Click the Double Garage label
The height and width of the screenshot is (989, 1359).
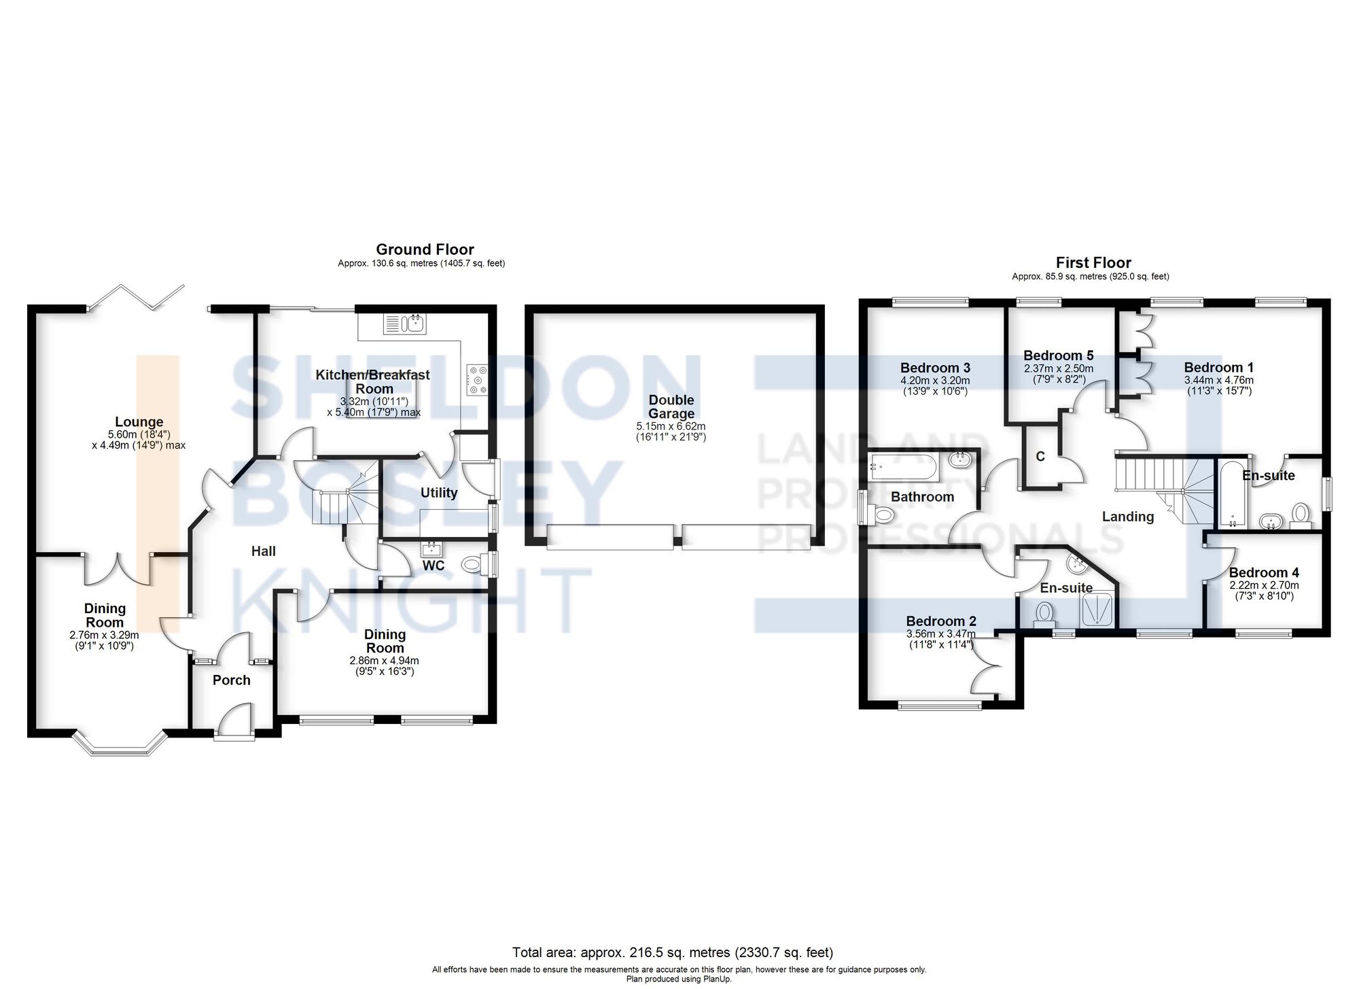point(671,406)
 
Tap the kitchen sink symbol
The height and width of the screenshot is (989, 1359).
point(405,324)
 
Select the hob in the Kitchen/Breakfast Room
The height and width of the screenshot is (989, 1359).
point(477,379)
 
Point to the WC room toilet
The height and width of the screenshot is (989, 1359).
point(474,563)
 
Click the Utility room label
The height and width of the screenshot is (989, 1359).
point(438,493)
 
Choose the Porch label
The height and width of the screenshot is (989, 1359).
point(231,680)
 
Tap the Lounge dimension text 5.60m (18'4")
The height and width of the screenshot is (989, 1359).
point(139,434)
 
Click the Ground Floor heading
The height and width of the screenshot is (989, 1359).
point(425,249)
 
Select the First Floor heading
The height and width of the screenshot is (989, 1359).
point(1093,262)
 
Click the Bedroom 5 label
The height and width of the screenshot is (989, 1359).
point(1058,355)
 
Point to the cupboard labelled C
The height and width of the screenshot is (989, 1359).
point(1040,457)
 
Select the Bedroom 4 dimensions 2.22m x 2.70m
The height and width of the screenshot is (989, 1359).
point(1264,585)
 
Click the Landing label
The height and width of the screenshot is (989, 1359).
point(1127,517)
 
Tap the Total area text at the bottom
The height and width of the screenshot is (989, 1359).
point(672,952)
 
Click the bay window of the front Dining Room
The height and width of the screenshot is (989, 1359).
point(120,744)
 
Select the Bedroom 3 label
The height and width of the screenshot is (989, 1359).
point(935,368)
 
